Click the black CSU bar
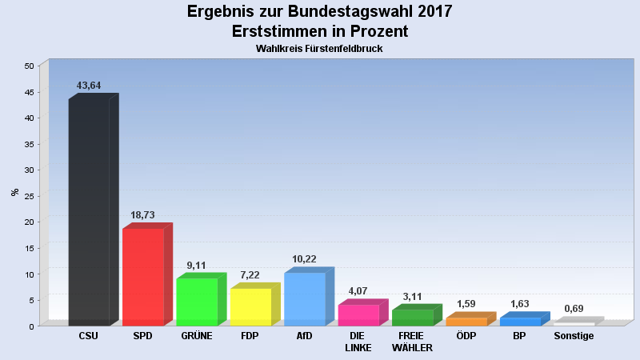point(89,212)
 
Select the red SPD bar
point(142,277)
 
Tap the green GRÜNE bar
point(197,302)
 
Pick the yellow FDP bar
point(250,306)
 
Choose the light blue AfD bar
point(304,298)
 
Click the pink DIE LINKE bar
point(358,314)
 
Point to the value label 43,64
point(89,86)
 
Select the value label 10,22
point(304,260)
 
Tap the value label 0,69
point(574,309)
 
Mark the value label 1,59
point(466,304)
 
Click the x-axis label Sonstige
point(574,336)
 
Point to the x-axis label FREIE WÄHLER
point(412,342)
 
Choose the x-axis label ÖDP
point(466,336)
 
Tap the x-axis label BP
point(519,336)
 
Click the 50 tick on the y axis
point(30,66)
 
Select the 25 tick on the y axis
point(30,196)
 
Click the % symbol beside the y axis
point(14,192)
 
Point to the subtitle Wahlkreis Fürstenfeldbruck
point(320,49)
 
